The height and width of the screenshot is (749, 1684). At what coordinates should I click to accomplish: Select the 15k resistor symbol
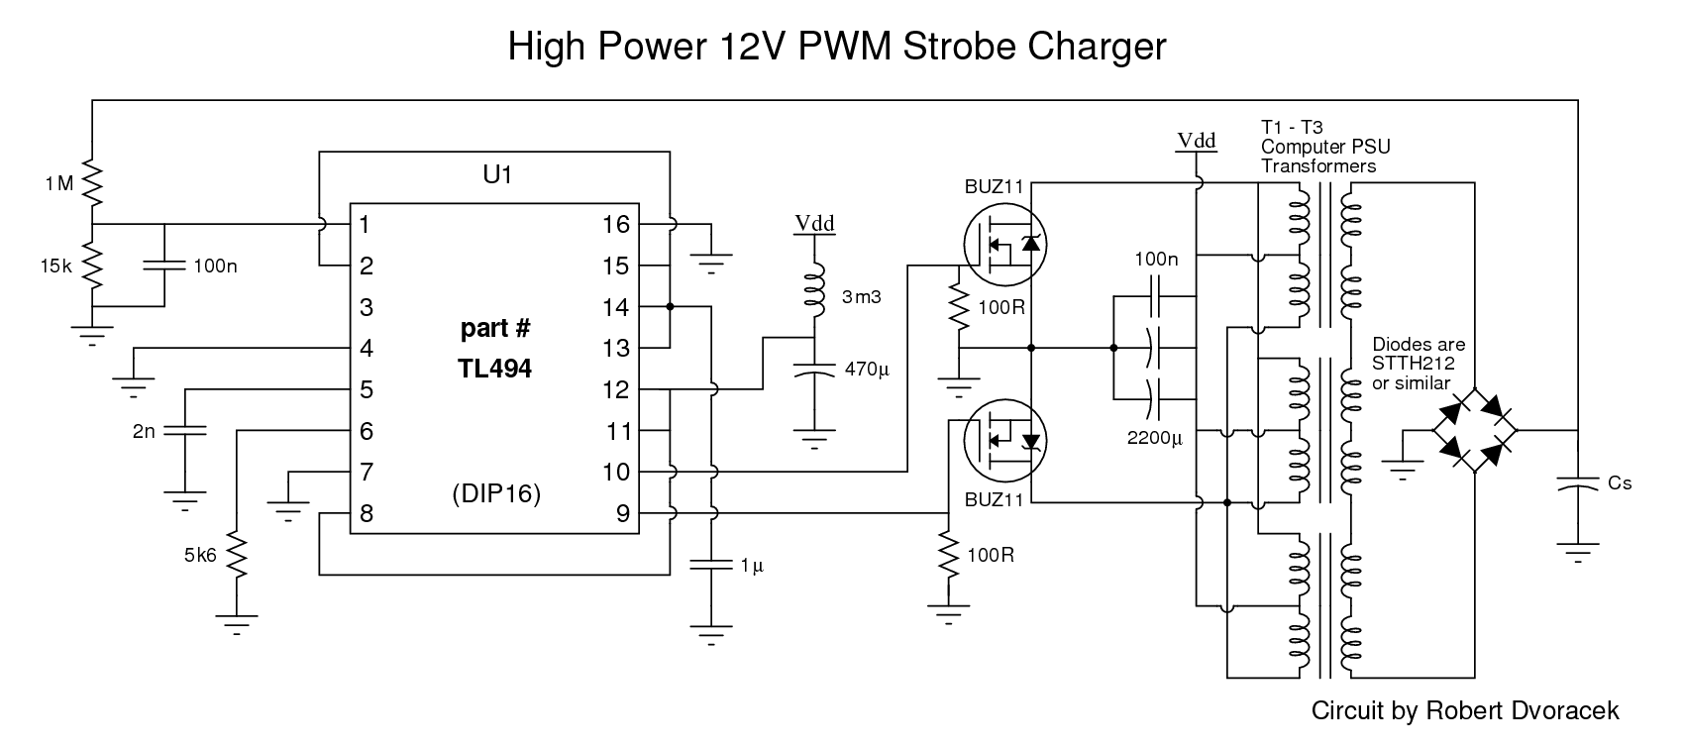pos(91,265)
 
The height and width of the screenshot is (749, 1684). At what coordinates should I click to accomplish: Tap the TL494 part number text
pos(496,369)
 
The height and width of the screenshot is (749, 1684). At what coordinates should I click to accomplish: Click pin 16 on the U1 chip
pos(615,225)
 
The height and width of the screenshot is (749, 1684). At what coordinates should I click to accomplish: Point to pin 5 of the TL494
pos(367,390)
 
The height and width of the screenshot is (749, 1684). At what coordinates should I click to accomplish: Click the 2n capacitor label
pos(145,431)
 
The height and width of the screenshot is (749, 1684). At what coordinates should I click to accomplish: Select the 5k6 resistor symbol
pos(237,555)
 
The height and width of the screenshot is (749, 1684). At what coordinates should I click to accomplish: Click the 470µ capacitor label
pos(868,370)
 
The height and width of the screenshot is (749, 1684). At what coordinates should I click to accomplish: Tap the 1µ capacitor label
pos(752,566)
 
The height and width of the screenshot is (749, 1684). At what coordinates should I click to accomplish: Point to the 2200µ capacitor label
pos(1155,437)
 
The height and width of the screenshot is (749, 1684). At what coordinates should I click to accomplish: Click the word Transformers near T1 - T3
pos(1318,166)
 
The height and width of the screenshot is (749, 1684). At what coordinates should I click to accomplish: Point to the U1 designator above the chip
pos(495,176)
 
